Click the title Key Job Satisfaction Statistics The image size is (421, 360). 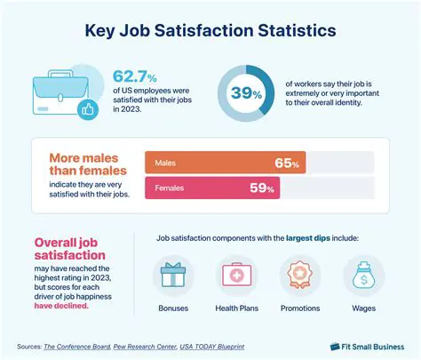tap(210, 30)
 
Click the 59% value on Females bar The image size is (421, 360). tap(262, 188)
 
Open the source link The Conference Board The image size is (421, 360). tap(78, 346)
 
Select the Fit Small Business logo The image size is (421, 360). tap(366, 346)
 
